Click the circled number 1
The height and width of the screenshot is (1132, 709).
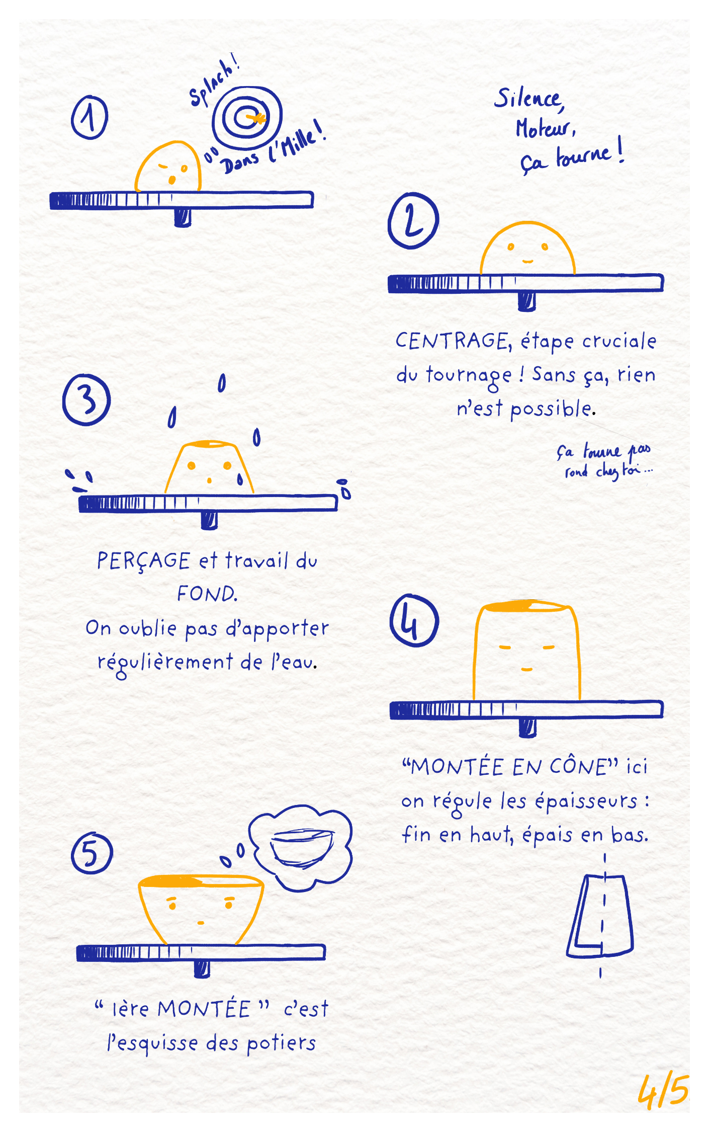90,117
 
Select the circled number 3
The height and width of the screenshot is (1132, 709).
86,400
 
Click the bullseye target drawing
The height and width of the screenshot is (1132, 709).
247,118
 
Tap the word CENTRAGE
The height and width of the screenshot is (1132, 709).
453,341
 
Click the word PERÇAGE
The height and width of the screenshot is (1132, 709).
144,561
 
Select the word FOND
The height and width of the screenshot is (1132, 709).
207,594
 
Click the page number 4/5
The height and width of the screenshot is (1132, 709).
663,1092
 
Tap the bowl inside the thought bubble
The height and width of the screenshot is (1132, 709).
302,848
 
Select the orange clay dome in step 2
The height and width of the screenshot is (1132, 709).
527,248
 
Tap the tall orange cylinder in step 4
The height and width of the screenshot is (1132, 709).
526,650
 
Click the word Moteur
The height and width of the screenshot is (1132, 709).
546,128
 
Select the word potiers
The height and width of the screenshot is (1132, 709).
282,1043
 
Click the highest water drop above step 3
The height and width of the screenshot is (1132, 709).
222,383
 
